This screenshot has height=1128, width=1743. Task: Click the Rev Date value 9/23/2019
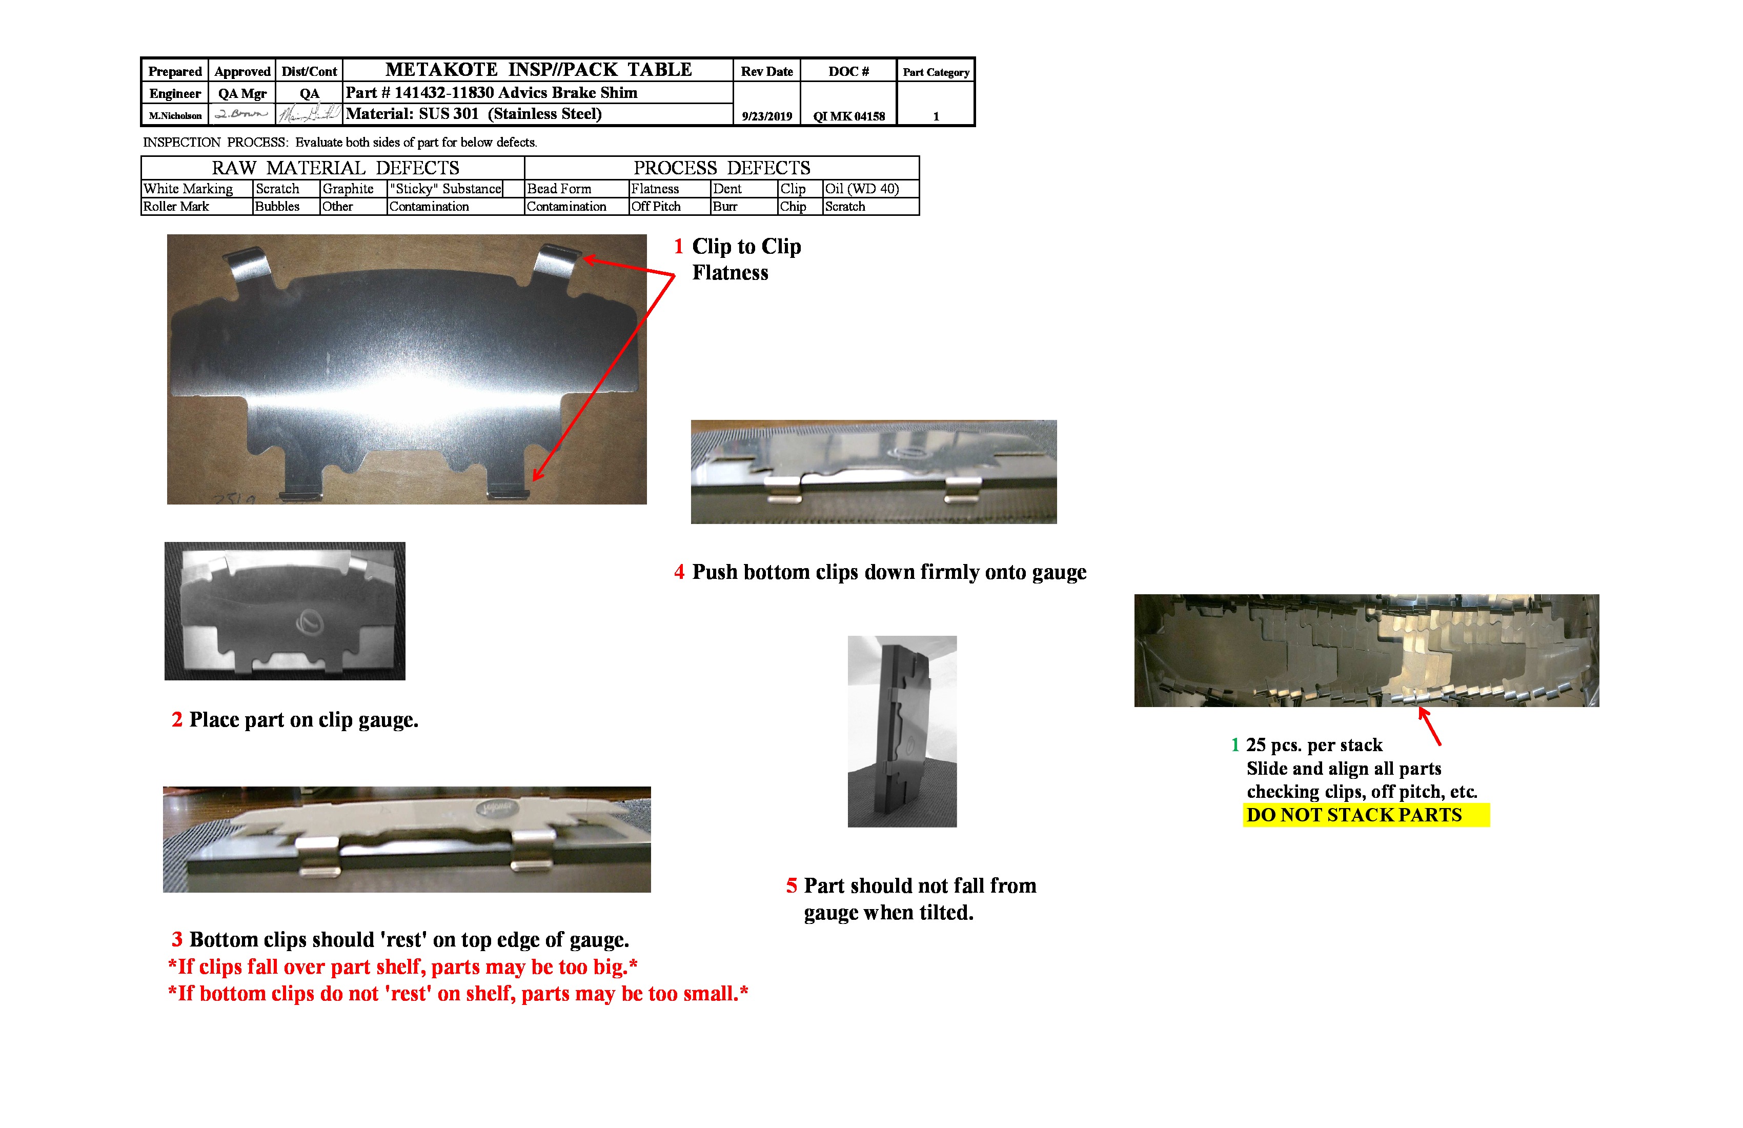click(766, 116)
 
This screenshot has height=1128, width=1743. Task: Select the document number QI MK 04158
click(849, 116)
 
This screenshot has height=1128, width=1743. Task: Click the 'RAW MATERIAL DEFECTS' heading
click(335, 168)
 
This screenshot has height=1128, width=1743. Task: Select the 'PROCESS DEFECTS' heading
click(721, 168)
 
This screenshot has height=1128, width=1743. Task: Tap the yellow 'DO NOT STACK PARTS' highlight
click(1366, 815)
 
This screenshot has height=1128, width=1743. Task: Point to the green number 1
click(1235, 746)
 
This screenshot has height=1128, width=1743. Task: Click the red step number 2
click(176, 720)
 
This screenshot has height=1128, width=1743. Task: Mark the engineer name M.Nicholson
click(175, 116)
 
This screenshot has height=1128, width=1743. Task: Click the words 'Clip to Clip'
click(746, 247)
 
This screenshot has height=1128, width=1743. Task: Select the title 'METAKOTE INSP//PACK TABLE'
click(538, 70)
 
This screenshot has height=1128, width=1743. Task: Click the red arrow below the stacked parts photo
click(1430, 727)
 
